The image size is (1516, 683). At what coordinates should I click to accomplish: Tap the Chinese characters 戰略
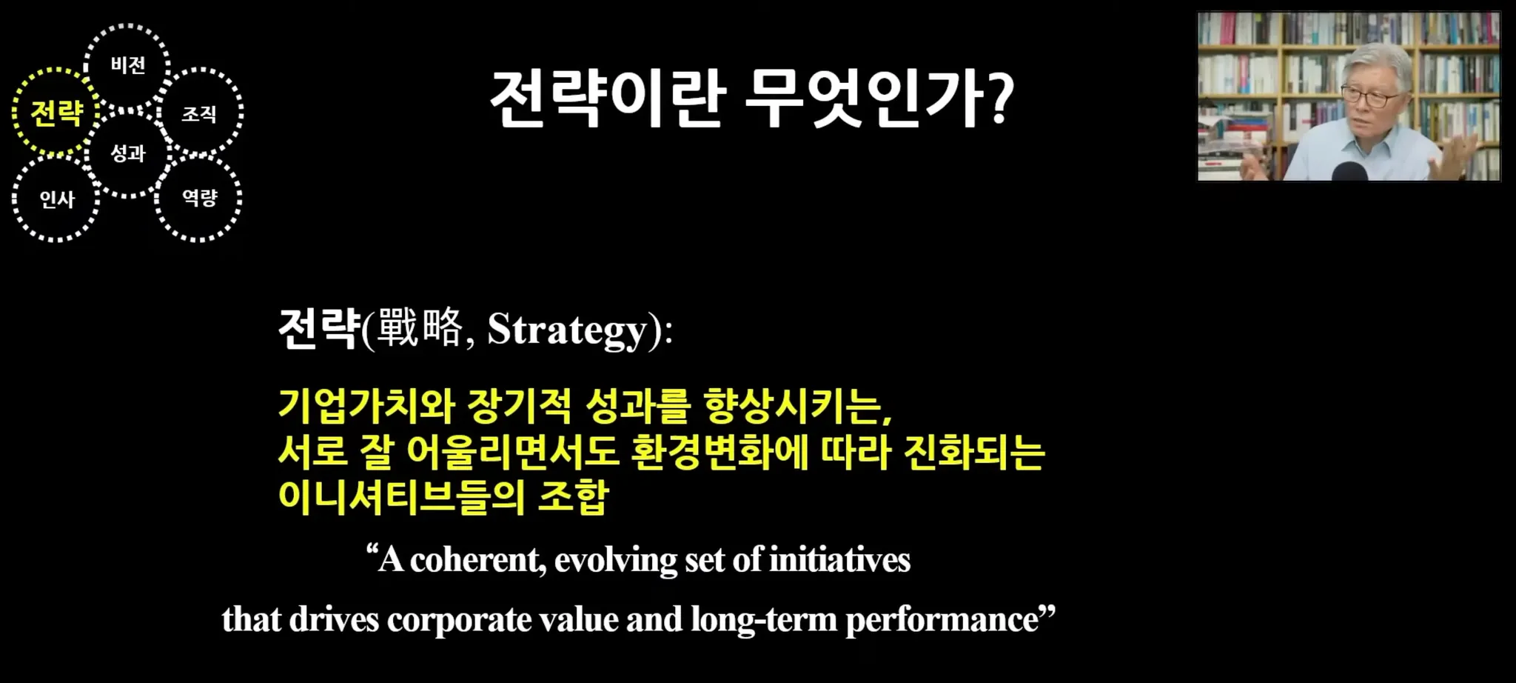pyautogui.click(x=420, y=327)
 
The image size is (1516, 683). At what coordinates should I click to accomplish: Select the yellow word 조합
pyautogui.click(x=573, y=496)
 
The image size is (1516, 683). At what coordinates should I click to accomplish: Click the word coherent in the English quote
pyautogui.click(x=478, y=560)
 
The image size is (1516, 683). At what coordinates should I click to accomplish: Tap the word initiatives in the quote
pyautogui.click(x=840, y=559)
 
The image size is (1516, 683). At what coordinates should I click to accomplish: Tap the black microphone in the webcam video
pyautogui.click(x=1349, y=171)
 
